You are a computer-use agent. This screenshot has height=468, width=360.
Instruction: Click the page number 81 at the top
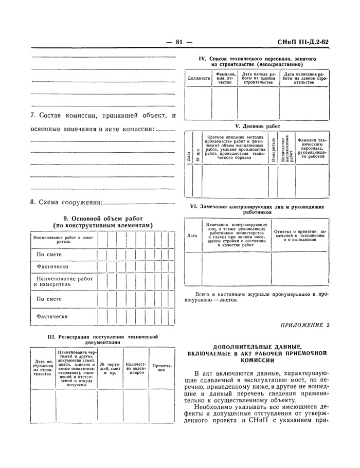(x=179, y=43)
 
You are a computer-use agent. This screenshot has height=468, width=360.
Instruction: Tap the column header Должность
(x=199, y=78)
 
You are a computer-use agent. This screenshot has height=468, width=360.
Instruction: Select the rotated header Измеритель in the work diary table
(x=273, y=149)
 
